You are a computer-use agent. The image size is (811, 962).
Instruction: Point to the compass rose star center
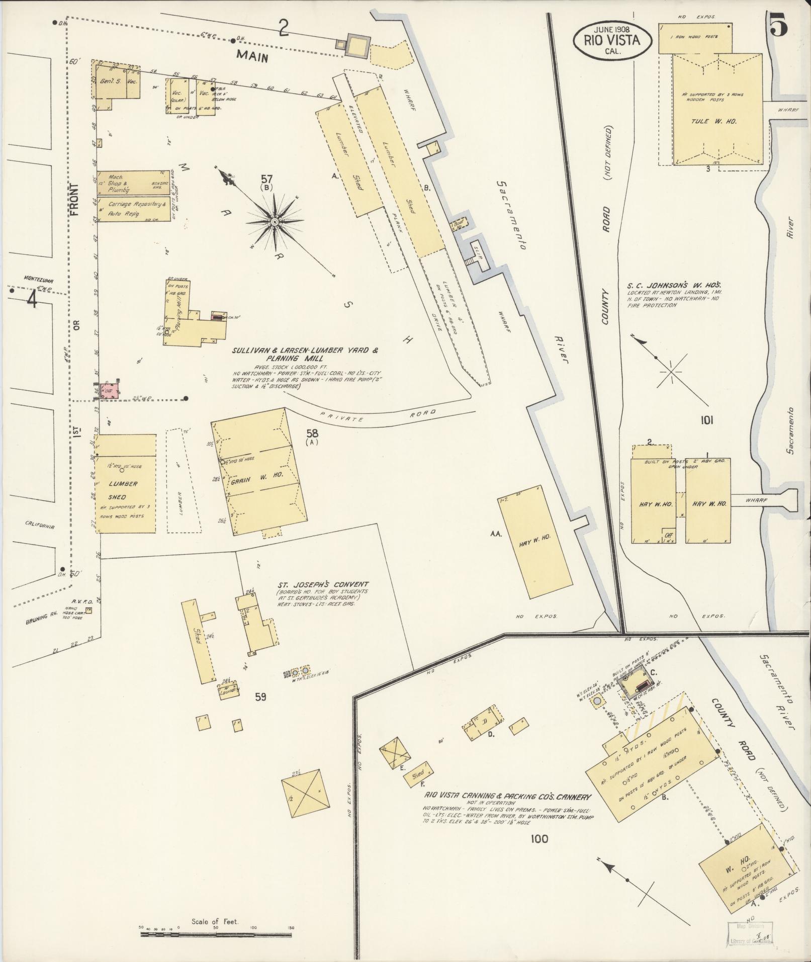[275, 222]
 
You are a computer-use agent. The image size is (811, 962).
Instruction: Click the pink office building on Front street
[109, 391]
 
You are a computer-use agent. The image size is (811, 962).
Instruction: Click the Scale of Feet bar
[216, 934]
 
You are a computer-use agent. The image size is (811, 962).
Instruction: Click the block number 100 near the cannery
[538, 838]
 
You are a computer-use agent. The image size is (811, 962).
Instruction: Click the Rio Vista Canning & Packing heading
[506, 796]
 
